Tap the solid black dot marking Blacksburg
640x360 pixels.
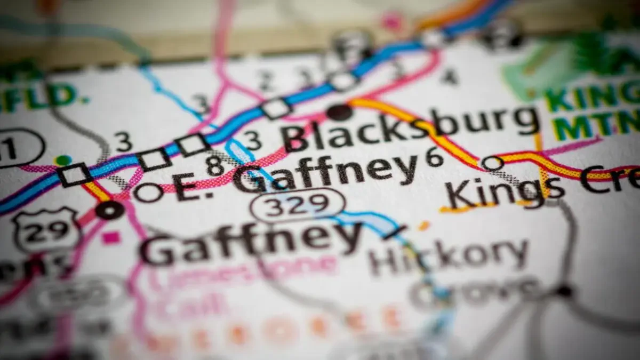[339, 112]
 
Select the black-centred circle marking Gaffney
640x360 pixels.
[110, 210]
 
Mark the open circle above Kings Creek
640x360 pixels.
[492, 163]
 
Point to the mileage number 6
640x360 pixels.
[434, 157]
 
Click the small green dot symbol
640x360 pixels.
[63, 160]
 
